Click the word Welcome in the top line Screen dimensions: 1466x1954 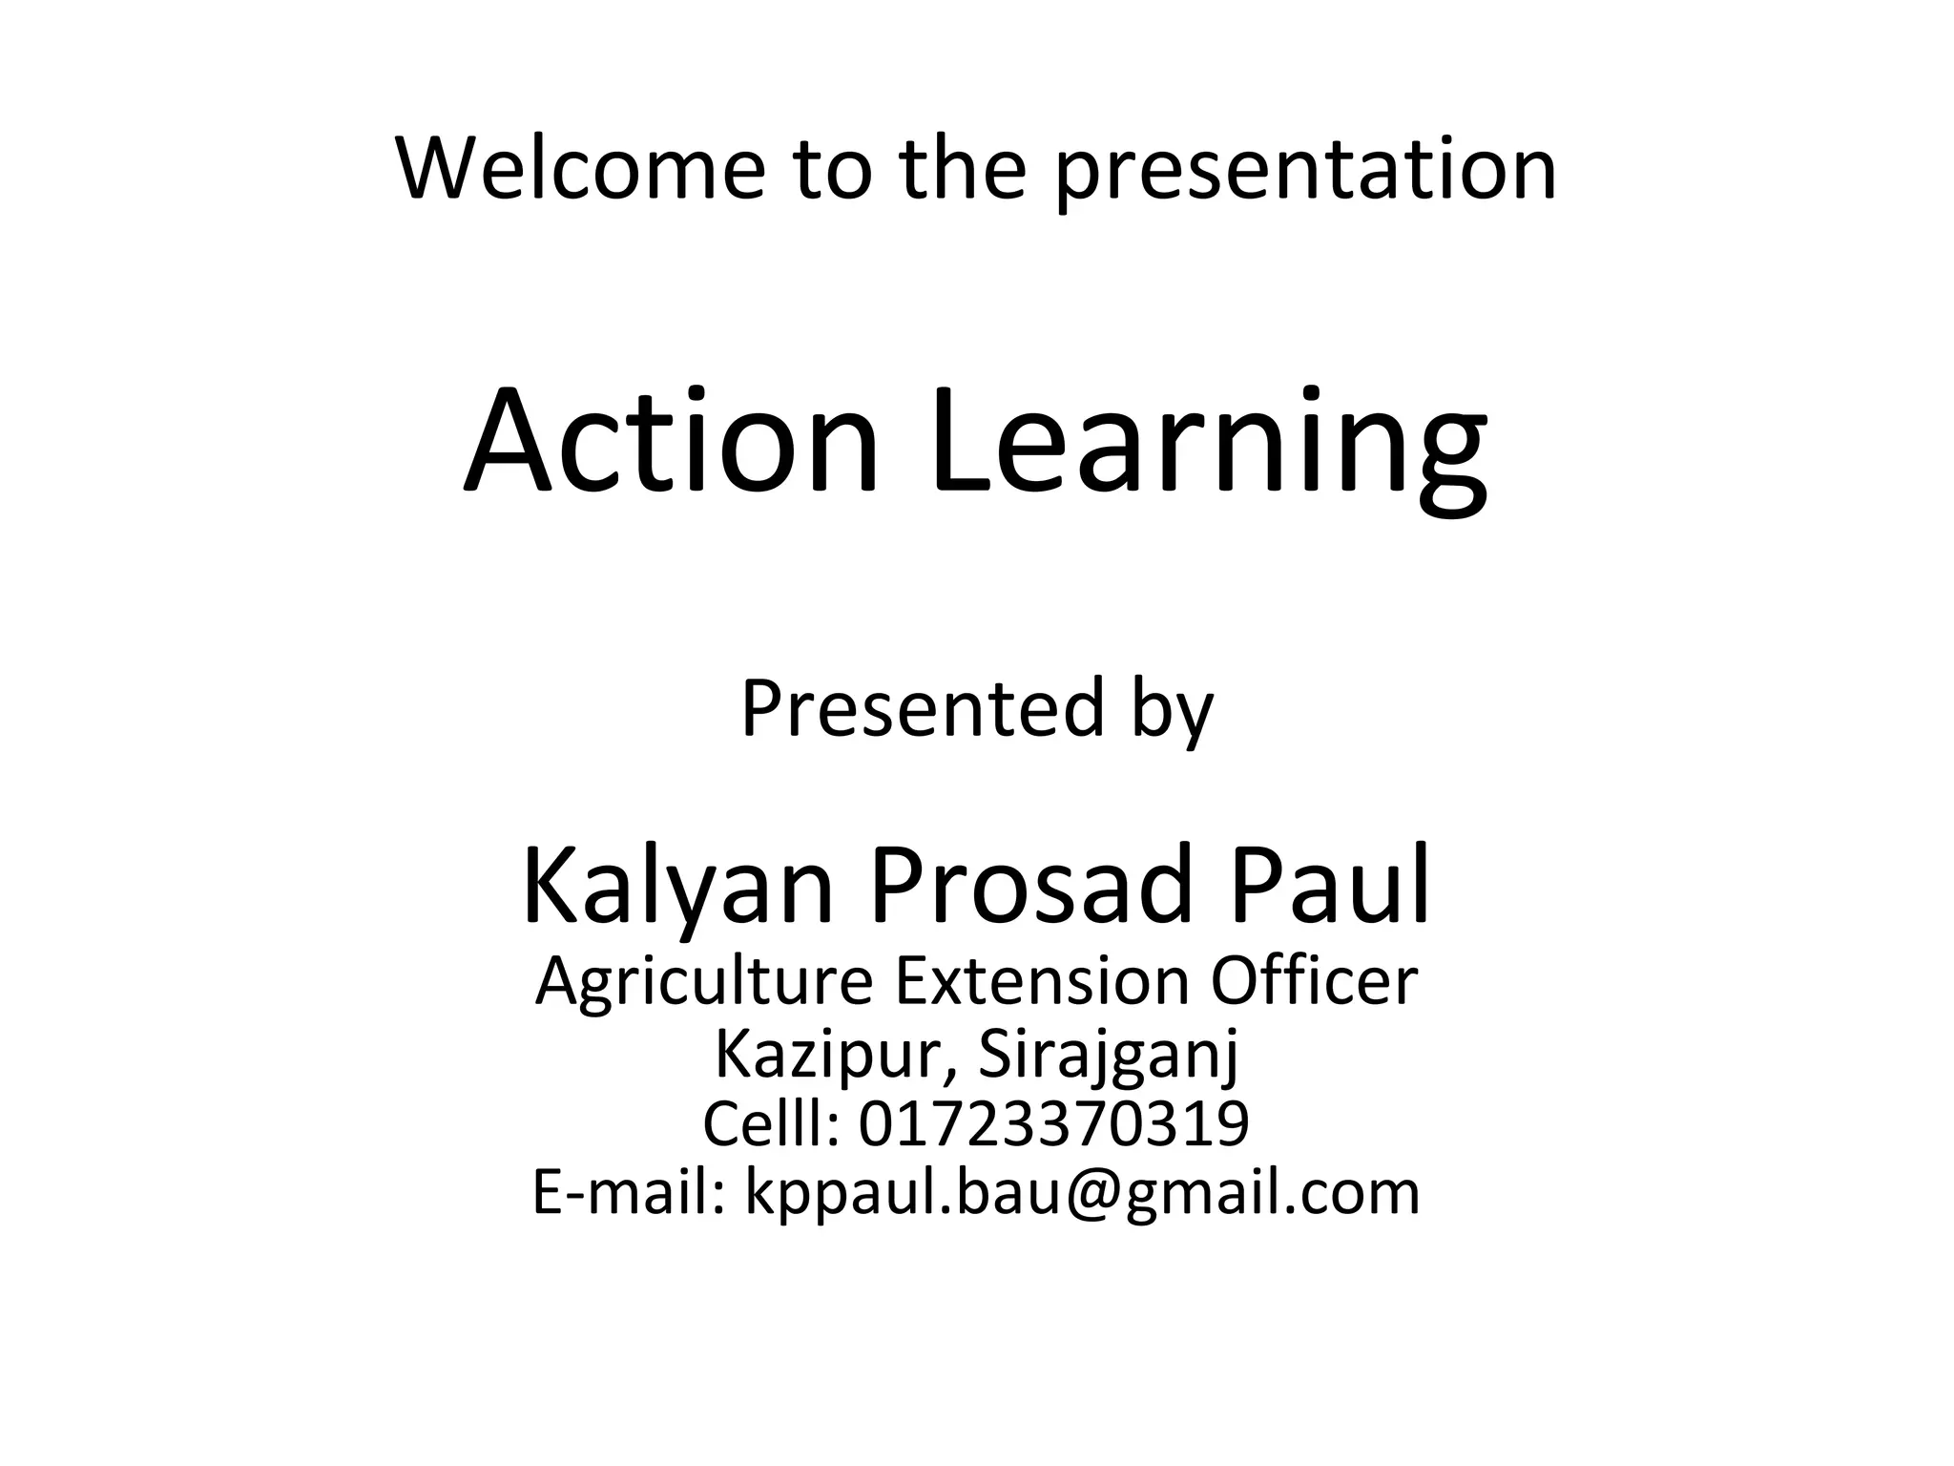(x=580, y=169)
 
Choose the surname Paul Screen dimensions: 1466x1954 (x=1329, y=885)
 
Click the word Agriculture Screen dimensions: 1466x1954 (x=704, y=983)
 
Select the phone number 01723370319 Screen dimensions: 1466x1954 (x=1053, y=1123)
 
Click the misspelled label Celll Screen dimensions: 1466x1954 (x=771, y=1123)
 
